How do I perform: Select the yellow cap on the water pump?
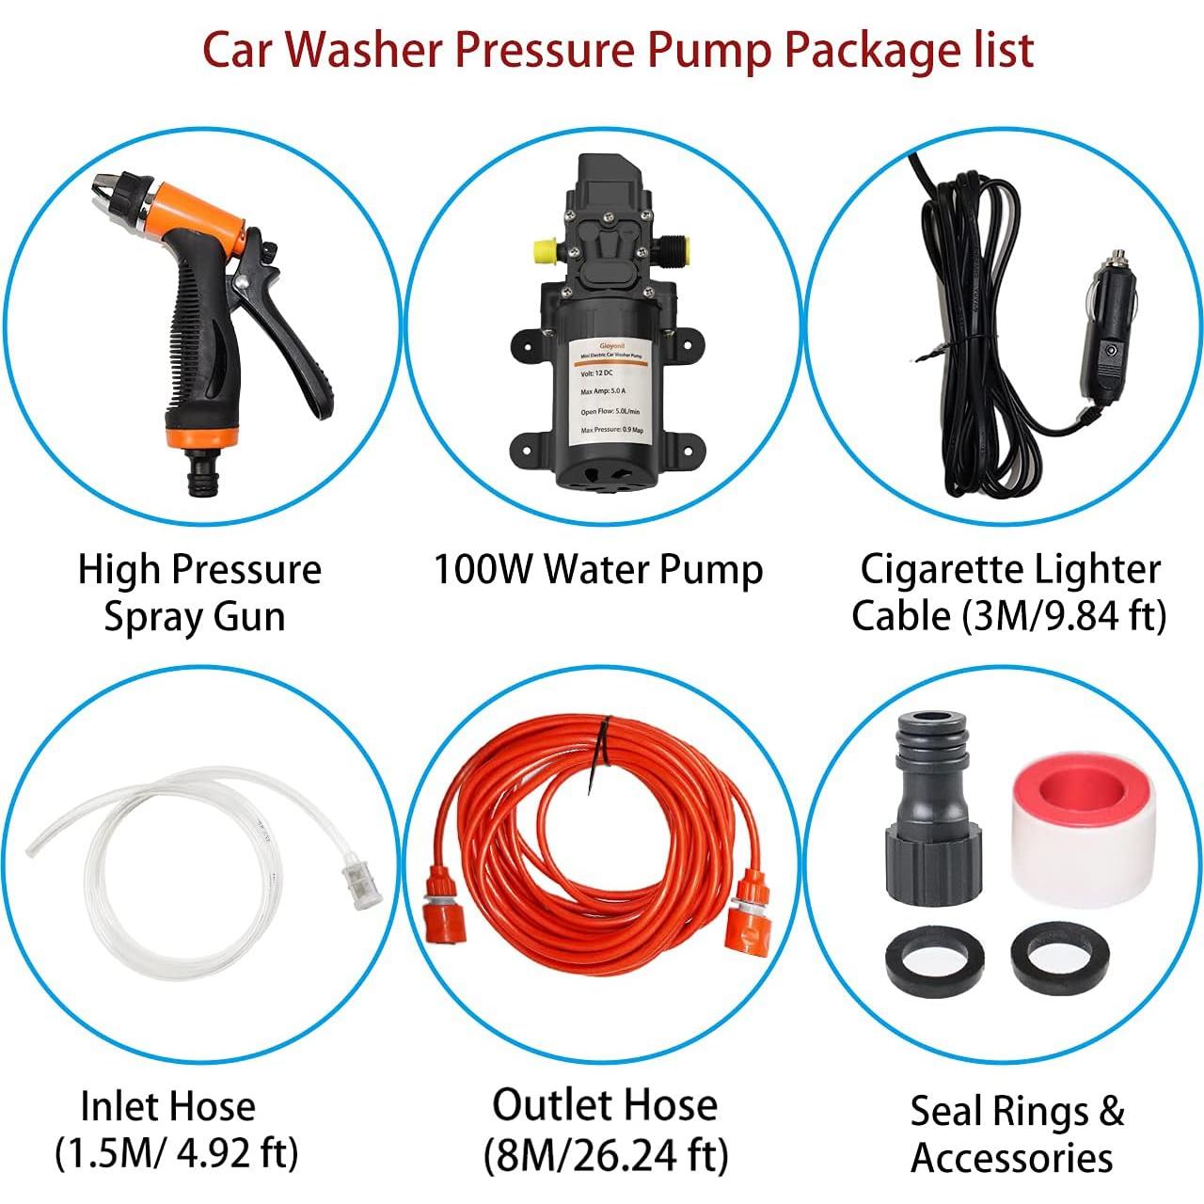(x=543, y=252)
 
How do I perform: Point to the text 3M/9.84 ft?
(x=1063, y=616)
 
